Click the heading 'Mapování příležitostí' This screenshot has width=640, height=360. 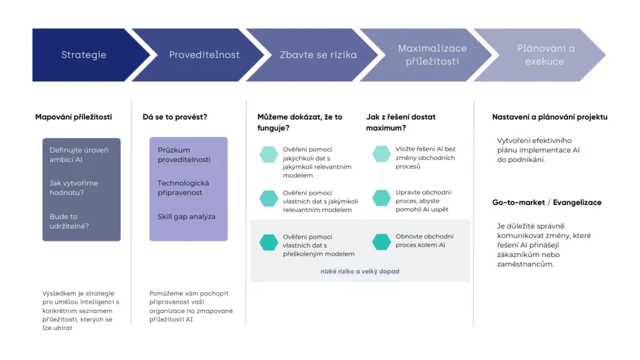74,117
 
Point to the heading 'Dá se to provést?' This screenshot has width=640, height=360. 175,117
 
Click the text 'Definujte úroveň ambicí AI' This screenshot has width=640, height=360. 79,155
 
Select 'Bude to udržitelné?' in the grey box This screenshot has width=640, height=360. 69,221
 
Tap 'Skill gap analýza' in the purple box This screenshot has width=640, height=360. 186,217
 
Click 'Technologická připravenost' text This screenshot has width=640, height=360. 183,187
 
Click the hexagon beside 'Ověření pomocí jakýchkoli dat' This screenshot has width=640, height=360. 269,154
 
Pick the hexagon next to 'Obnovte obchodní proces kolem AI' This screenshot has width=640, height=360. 381,242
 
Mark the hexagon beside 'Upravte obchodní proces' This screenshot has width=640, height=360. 381,198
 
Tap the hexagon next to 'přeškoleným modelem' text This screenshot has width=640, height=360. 269,242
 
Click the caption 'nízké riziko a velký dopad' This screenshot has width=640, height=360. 359,271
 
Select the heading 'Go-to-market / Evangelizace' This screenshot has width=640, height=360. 546,202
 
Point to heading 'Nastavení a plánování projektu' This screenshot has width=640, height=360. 549,117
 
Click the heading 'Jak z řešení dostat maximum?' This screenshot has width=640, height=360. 401,122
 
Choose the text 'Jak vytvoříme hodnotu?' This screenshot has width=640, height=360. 74,187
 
